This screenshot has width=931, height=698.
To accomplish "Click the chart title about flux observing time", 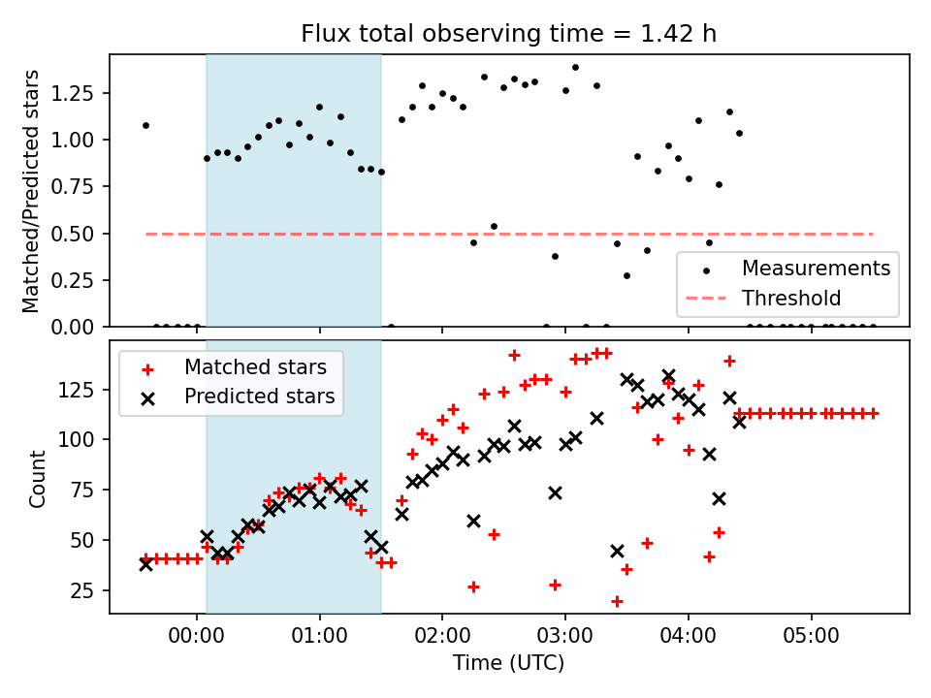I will coord(509,35).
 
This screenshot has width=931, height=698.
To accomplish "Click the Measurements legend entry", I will coord(816,268).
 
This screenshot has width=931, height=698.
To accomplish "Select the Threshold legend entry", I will coord(791,298).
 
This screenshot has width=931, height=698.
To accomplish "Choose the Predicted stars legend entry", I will coord(259,397).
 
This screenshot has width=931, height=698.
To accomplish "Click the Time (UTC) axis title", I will coord(509,663).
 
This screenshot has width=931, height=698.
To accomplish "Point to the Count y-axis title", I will coord(38,478).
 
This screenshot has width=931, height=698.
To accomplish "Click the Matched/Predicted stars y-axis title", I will coord(32,191).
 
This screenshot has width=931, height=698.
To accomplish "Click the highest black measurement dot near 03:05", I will coord(575,68).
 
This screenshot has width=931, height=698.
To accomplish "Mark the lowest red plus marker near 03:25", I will coord(617,601).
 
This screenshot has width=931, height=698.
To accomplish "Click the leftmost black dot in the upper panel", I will coord(145,125).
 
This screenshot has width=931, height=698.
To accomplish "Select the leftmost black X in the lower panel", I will coord(145,563).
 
